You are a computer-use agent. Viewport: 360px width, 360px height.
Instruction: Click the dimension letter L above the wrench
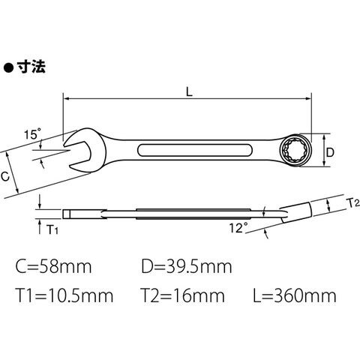pos(189,92)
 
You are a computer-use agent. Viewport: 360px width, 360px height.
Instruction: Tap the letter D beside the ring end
pos(330,152)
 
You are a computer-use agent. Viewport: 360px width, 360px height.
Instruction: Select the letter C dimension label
pos(5,176)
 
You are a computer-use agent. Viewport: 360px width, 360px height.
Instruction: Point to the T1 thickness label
pos(52,229)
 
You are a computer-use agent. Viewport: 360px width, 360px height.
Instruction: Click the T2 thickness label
pos(354,203)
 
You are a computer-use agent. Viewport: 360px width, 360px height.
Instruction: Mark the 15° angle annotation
pos(32,134)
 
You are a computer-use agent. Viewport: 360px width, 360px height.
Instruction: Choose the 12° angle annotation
pos(238,228)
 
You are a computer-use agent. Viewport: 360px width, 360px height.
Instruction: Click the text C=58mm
pos(53,266)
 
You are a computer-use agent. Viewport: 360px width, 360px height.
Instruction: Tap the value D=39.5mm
pos(187,266)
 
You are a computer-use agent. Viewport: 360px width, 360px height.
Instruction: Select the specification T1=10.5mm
pos(64,295)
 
